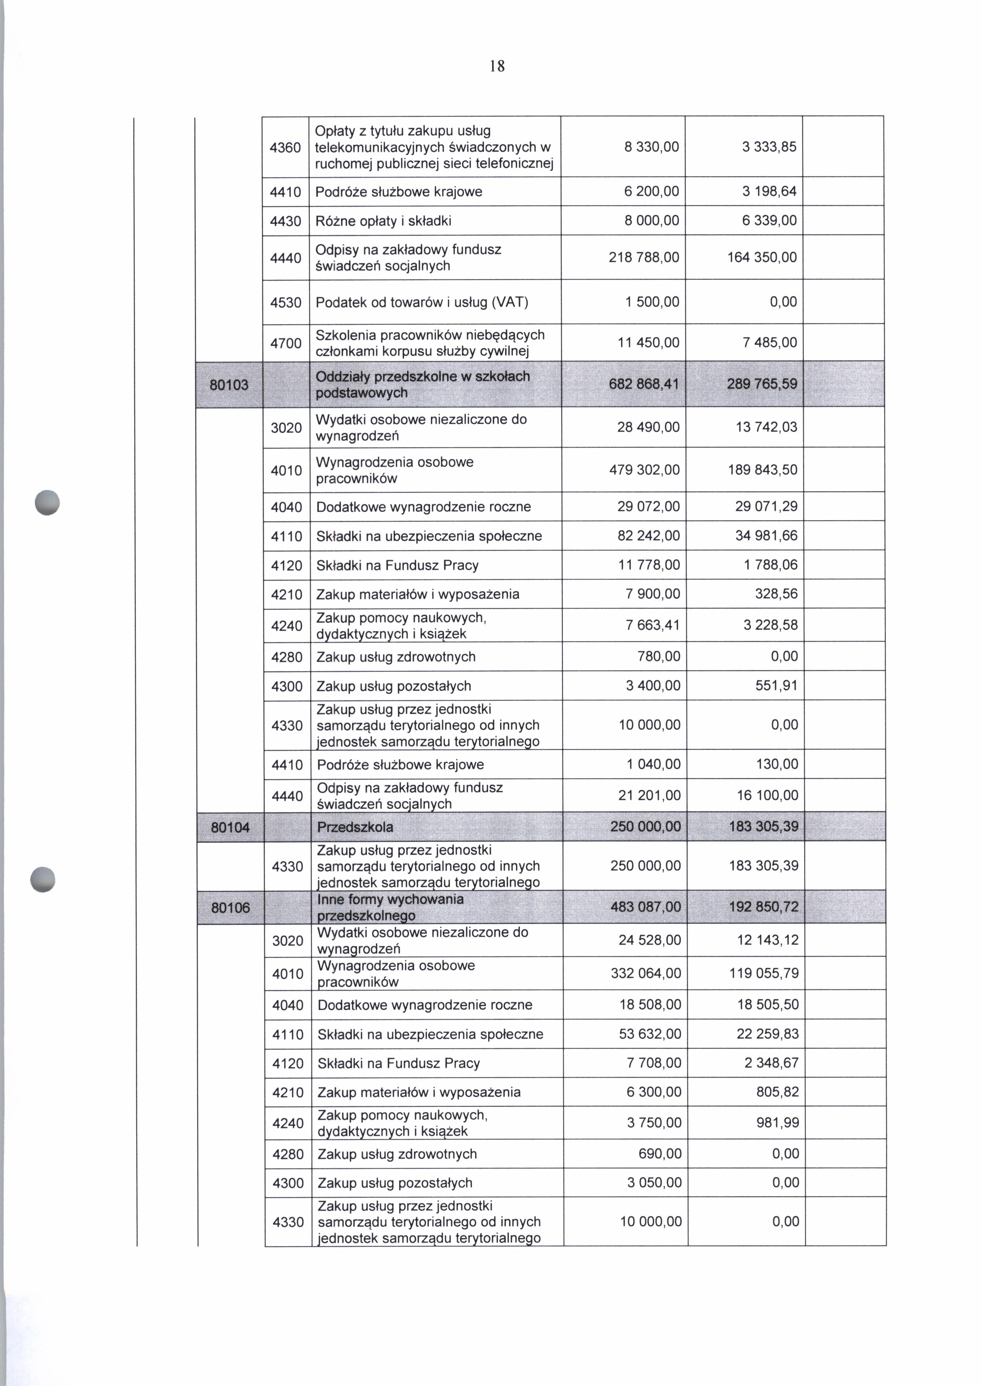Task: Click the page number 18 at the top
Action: (497, 66)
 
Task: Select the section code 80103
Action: (229, 385)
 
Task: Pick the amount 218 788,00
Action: (644, 258)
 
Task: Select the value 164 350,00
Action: (762, 258)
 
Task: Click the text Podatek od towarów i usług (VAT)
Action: (422, 302)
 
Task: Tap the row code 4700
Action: (286, 343)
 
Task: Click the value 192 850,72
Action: (763, 907)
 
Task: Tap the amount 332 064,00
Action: (646, 973)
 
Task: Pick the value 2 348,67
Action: (771, 1063)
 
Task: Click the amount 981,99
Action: (777, 1123)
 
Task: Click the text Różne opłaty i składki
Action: (384, 221)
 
